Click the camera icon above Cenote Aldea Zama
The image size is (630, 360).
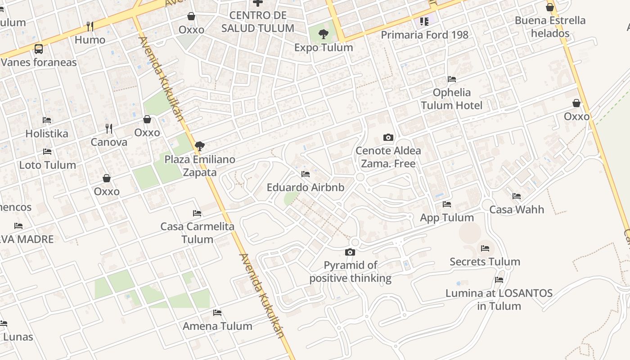pyautogui.click(x=388, y=137)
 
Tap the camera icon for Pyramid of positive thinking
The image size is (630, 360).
pyautogui.click(x=350, y=252)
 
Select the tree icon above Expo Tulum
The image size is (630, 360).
pyautogui.click(x=323, y=34)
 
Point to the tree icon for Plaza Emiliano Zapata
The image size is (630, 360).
pyautogui.click(x=199, y=146)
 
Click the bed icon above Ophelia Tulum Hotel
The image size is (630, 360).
pyautogui.click(x=452, y=79)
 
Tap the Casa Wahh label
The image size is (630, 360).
pyautogui.click(x=517, y=209)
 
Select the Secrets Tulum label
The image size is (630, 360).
pyautogui.click(x=485, y=261)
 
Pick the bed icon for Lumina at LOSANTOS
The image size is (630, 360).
pyautogui.click(x=499, y=280)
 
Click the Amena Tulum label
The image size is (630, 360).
pyautogui.click(x=217, y=326)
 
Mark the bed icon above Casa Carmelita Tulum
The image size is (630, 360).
pyautogui.click(x=197, y=213)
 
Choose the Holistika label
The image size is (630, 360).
pyautogui.click(x=47, y=133)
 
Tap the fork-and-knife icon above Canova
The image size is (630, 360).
pyautogui.click(x=109, y=129)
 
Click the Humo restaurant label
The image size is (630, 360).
pyautogui.click(x=90, y=40)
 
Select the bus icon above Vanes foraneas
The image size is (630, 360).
pyautogui.click(x=39, y=49)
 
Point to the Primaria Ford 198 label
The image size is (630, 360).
pyautogui.click(x=424, y=35)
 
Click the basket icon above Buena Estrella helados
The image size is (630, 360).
pyautogui.click(x=549, y=7)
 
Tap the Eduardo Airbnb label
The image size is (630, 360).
pyautogui.click(x=305, y=187)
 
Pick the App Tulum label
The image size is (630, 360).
pyautogui.click(x=447, y=217)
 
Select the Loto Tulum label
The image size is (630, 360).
pyautogui.click(x=47, y=165)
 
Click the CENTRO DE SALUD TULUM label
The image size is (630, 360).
pyautogui.click(x=258, y=22)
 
